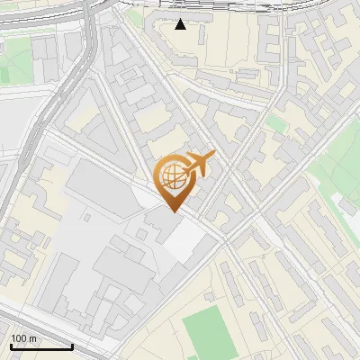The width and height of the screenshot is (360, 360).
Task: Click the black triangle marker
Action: tap(181, 24)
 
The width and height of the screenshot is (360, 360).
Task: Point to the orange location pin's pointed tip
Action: tap(172, 211)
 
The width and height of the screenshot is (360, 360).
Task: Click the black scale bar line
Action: tap(41, 346)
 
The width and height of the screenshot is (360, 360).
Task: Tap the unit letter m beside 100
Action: tap(32, 338)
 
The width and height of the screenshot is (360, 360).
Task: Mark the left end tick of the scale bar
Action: tap(11, 345)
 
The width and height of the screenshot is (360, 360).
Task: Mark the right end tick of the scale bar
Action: tap(72, 345)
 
